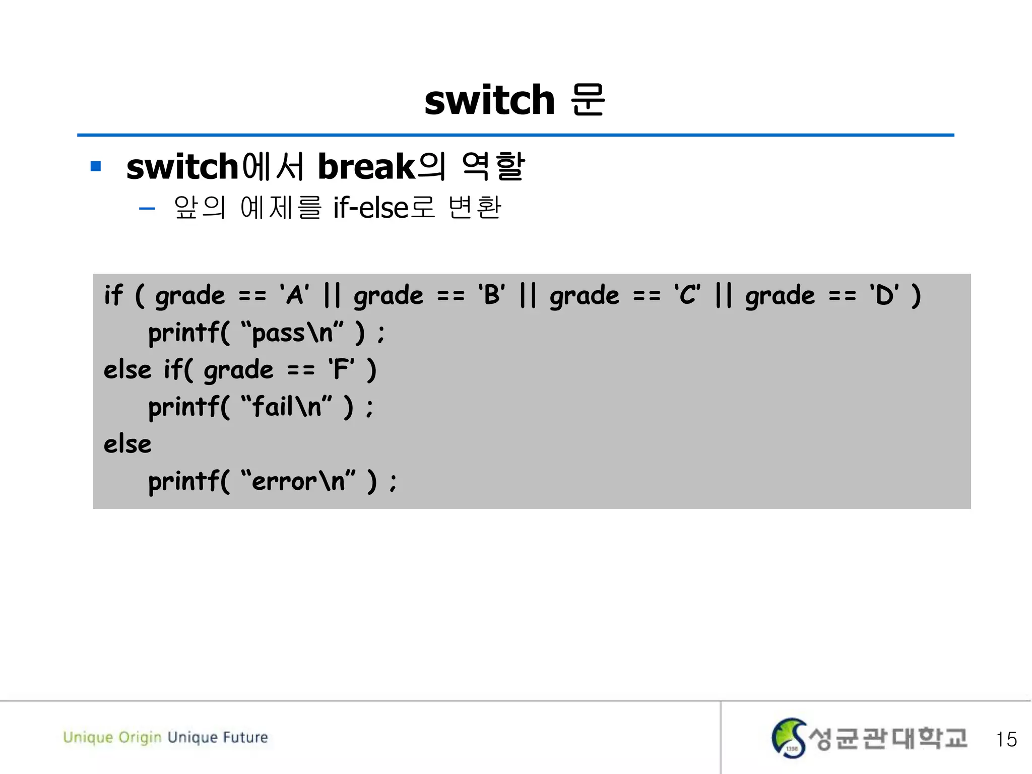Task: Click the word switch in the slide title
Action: tap(489, 100)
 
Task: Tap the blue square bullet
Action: tap(96, 166)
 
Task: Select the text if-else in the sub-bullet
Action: tap(370, 208)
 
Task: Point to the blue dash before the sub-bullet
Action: tap(147, 208)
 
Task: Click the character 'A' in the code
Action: tap(295, 295)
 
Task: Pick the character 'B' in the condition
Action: tap(492, 295)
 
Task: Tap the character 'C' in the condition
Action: tap(688, 295)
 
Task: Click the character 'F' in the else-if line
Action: tap(341, 369)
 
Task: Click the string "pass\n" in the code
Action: tap(292, 333)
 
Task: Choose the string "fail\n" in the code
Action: tap(287, 407)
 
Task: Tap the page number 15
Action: tap(1006, 740)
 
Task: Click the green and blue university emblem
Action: tap(789, 738)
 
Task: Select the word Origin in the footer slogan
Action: tap(140, 738)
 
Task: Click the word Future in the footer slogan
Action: tap(245, 737)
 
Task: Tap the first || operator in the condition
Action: tap(332, 295)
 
